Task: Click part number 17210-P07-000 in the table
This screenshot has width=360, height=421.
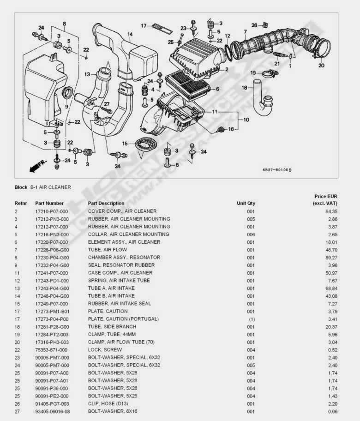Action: pyautogui.click(x=51, y=211)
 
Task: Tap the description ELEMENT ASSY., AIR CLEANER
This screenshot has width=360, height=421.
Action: pyautogui.click(x=124, y=242)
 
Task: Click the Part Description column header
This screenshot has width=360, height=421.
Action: pyautogui.click(x=106, y=203)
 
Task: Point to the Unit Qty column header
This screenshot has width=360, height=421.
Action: pyautogui.click(x=246, y=203)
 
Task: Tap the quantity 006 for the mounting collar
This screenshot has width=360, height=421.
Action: pyautogui.click(x=251, y=235)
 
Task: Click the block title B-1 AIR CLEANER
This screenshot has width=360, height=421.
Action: pyautogui.click(x=50, y=187)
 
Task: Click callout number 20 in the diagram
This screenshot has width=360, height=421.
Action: pyautogui.click(x=321, y=66)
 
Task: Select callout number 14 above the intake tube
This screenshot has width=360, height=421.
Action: pyautogui.click(x=130, y=35)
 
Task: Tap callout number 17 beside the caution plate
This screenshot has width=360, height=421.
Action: pyautogui.click(x=144, y=25)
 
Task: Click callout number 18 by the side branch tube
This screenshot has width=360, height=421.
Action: pyautogui.click(x=244, y=88)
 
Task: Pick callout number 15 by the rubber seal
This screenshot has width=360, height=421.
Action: pyautogui.click(x=125, y=144)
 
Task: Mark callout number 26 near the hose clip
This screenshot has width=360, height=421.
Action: pyautogui.click(x=254, y=25)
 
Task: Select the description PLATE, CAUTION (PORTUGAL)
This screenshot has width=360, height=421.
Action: pyautogui.click(x=123, y=319)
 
